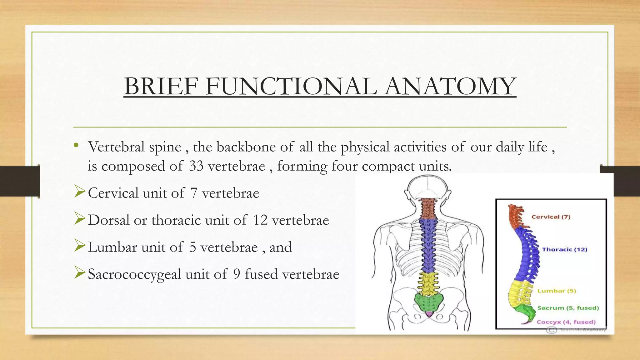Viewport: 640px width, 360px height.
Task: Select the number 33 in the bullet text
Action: (x=196, y=166)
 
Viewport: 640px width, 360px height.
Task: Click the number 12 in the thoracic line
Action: (x=260, y=220)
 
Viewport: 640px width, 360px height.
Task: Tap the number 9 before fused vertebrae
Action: (x=237, y=274)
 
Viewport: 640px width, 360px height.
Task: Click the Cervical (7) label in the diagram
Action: (x=551, y=217)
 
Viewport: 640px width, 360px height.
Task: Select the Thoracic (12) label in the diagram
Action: (x=564, y=249)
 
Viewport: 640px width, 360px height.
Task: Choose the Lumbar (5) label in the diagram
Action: (x=557, y=291)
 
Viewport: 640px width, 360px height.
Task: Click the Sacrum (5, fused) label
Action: (x=568, y=308)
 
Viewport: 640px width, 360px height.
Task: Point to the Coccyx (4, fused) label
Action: (x=566, y=322)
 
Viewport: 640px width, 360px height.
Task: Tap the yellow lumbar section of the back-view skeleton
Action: (x=427, y=283)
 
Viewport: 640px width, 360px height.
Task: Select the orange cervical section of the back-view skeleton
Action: (x=427, y=209)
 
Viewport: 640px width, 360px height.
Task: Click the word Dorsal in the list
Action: (x=108, y=220)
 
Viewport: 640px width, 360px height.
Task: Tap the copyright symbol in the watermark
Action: (x=552, y=330)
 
